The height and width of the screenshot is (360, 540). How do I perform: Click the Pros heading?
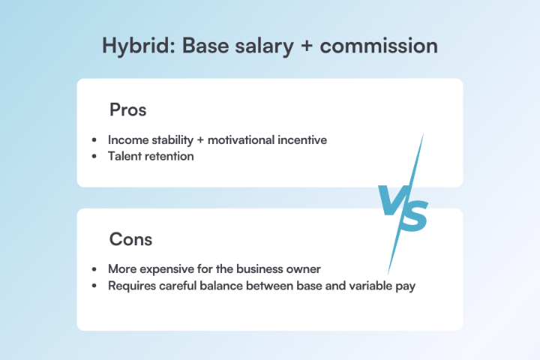pyautogui.click(x=127, y=109)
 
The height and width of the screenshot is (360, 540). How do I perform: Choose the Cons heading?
pyautogui.click(x=130, y=239)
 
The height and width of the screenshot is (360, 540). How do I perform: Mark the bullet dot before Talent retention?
pyautogui.click(x=94, y=156)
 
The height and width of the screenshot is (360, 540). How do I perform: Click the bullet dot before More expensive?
pyautogui.click(x=94, y=268)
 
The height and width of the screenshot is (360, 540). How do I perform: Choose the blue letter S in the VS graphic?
pyautogui.click(x=413, y=214)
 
